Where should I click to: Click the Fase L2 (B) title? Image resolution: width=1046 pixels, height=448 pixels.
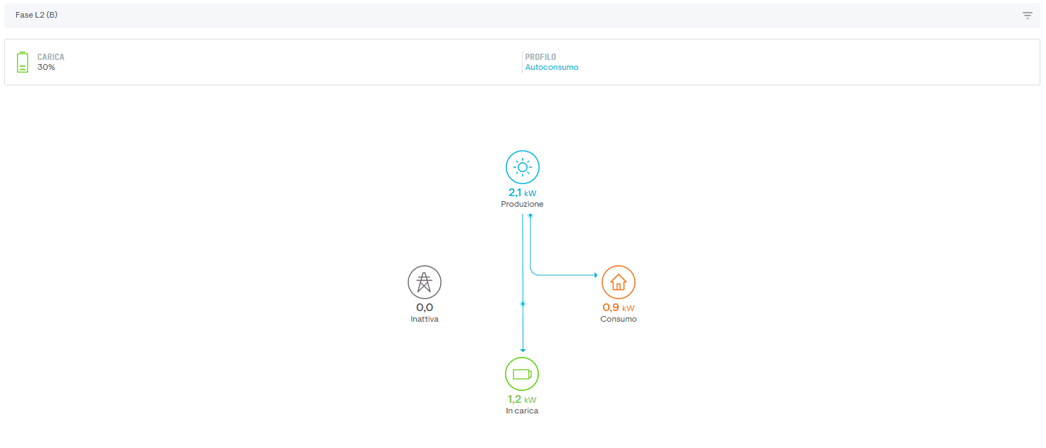(x=37, y=15)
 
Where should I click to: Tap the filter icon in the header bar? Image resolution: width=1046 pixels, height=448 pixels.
(x=1028, y=16)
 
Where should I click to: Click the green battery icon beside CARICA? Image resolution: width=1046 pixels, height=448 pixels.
(x=23, y=62)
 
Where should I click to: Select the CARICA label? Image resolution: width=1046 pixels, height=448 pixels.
(x=51, y=57)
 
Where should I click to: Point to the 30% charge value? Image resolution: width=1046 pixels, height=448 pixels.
(x=47, y=67)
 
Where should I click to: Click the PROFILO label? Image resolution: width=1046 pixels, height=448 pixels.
(x=540, y=57)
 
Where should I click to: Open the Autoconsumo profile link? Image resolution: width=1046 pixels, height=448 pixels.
(x=552, y=67)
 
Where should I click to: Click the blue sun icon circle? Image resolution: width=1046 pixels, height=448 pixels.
(x=523, y=167)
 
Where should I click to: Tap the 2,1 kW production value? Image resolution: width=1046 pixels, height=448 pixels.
(x=522, y=193)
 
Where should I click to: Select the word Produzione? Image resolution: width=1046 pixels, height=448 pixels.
(x=522, y=204)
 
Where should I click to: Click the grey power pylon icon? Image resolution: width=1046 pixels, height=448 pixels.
(x=425, y=282)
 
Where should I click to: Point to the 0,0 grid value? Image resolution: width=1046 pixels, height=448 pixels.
(x=425, y=308)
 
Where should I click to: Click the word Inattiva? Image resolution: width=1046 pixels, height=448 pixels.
(x=425, y=319)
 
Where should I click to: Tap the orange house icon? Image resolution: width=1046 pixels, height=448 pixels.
(x=619, y=282)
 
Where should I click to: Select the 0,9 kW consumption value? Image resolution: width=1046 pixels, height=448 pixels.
(x=619, y=308)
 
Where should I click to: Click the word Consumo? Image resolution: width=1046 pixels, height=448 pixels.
(x=619, y=319)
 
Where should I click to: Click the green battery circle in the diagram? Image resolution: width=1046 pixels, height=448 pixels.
(x=522, y=374)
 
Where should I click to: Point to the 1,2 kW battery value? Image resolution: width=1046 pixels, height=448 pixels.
(x=522, y=399)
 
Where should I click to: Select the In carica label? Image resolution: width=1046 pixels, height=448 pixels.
(x=522, y=411)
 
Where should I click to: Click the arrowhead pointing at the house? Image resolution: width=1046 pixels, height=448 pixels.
(x=596, y=275)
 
